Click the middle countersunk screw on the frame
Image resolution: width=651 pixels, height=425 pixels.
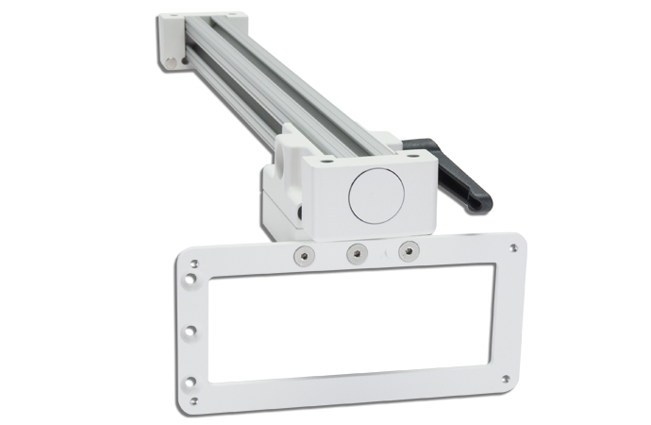pyautogui.click(x=357, y=252)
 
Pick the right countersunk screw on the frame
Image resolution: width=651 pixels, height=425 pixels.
pyautogui.click(x=409, y=251)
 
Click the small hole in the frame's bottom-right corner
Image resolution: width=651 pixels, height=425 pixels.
pyautogui.click(x=506, y=379)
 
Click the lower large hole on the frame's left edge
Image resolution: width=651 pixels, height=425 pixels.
pyautogui.click(x=191, y=382)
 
